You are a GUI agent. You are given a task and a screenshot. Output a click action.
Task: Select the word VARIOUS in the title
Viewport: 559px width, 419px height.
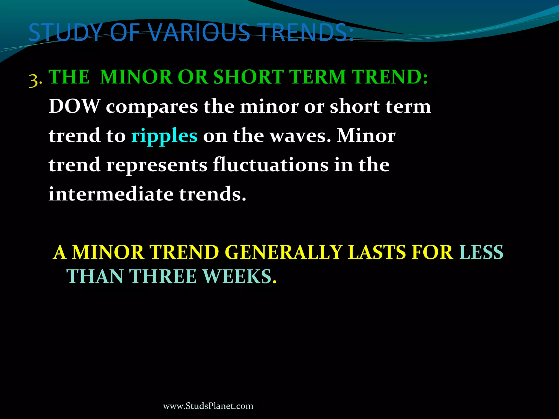coord(199,33)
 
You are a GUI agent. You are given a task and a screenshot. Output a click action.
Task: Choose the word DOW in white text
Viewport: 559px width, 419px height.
coord(75,106)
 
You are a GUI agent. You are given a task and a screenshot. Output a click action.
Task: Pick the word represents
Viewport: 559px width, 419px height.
coord(157,165)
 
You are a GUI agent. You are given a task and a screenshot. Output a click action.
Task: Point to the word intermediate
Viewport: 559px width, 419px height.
coord(111,194)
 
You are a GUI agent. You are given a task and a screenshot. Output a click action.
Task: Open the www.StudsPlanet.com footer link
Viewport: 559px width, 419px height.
coord(208,406)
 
